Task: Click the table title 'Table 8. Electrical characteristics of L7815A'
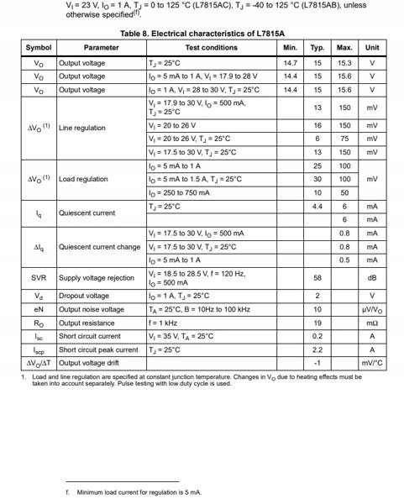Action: click(x=202, y=34)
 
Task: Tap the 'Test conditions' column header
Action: click(x=211, y=48)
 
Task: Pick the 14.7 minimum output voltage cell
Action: click(x=291, y=63)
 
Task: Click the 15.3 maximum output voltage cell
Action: click(x=344, y=63)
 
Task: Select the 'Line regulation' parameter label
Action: click(x=82, y=128)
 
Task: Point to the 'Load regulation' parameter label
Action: click(x=83, y=179)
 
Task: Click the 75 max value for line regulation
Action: click(x=344, y=139)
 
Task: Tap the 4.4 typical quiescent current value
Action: click(x=317, y=206)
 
